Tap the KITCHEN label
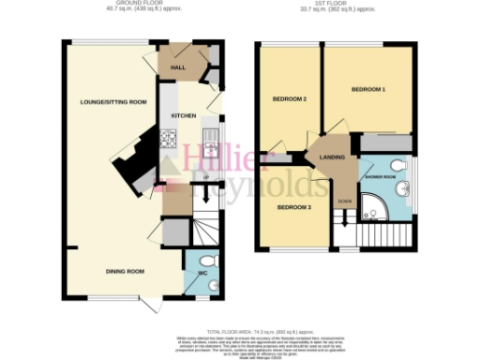pos(183,115)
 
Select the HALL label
pos(175,66)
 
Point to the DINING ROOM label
pos(123,271)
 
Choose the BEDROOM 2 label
pos(290,98)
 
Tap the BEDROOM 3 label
pos(293,206)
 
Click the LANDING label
pos(333,157)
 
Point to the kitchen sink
pos(210,142)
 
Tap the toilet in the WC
pos(208,260)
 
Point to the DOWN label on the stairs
pos(345,200)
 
